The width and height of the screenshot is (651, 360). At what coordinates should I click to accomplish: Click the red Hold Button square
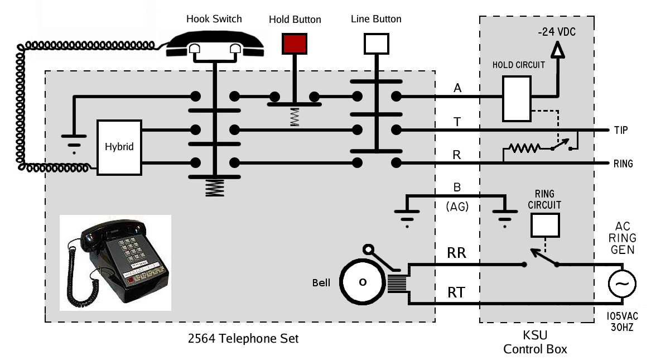pos(295,44)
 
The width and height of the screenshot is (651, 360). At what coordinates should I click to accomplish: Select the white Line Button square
pos(377,44)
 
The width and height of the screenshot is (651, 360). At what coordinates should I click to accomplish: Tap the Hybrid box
pos(119,147)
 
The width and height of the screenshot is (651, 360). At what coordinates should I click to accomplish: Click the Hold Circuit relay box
pos(516,98)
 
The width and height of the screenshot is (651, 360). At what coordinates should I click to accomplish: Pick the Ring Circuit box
pos(544,224)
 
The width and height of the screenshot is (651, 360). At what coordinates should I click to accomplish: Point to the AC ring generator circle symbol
pos(621,285)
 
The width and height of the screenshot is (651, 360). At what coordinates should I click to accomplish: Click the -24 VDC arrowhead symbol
pos(557,51)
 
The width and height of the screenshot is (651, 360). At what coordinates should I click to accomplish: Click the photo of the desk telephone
pos(115,262)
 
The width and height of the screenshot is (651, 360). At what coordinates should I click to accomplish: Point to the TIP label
pos(620,131)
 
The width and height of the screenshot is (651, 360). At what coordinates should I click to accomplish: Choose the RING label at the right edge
pos(623,164)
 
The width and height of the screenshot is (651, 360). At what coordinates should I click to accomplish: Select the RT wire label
pos(456,292)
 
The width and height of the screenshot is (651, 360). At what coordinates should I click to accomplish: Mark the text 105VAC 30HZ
pos(620,322)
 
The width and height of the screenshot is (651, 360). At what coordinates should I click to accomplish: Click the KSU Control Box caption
pos(535,343)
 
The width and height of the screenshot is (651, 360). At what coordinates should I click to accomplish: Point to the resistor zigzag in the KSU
pos(522,148)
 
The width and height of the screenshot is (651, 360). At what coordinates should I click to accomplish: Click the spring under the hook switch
pos(214,188)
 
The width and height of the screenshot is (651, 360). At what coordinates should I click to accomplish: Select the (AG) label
pos(457,207)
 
